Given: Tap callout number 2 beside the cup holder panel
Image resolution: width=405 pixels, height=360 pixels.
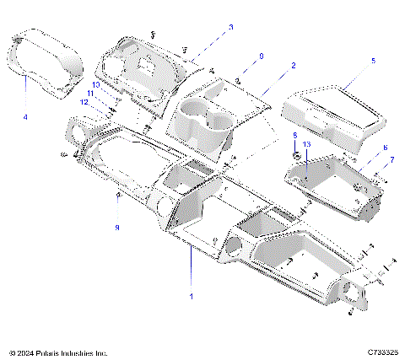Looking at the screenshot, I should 293,65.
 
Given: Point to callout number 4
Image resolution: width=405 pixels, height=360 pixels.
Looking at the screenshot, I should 25,116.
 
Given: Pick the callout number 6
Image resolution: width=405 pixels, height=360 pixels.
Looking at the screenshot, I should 385,148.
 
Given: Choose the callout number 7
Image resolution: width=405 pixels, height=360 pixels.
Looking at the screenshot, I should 390,159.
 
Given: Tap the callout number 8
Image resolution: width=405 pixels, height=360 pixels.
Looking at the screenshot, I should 294,135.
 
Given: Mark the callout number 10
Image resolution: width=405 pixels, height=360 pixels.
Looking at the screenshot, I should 96,85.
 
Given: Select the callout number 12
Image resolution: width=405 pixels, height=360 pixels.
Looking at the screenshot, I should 84,102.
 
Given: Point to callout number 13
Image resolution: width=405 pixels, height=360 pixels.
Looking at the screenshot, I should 307,145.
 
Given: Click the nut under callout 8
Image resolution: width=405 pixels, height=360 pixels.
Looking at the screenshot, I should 294,156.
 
